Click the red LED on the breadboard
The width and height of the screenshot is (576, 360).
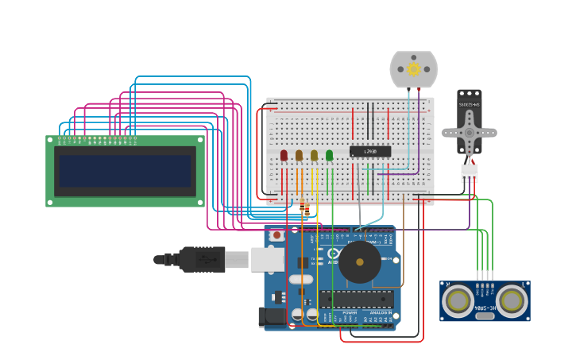(x=284, y=156)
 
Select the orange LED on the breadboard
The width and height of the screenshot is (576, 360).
(x=300, y=156)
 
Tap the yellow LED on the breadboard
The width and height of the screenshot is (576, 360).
(x=315, y=156)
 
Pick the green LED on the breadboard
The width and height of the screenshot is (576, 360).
(x=330, y=156)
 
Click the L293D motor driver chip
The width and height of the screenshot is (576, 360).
(x=370, y=151)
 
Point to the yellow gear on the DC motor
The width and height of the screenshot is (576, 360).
(x=413, y=69)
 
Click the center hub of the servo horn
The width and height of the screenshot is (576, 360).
(x=470, y=134)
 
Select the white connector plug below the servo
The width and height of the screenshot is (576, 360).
(x=470, y=172)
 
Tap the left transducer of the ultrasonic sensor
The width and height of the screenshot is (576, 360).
(x=458, y=300)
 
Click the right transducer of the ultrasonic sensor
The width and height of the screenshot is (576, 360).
(x=512, y=300)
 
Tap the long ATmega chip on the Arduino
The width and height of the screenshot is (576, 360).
(x=357, y=298)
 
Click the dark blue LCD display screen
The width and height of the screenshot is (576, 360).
(x=126, y=171)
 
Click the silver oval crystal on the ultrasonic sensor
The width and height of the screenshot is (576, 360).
(x=485, y=316)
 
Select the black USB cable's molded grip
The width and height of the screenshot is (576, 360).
(x=202, y=259)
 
